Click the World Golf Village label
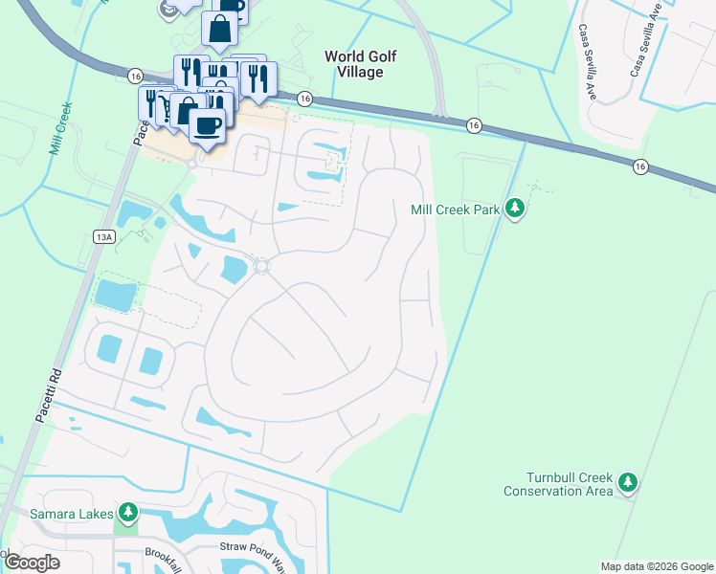pos(353,64)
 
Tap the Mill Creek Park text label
pos(455,210)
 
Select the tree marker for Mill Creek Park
pos(515,208)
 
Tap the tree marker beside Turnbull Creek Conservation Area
pos(628,482)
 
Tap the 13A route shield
pos(104,236)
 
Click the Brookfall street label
pos(165,554)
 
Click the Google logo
pos(32,562)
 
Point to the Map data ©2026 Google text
pos(656,566)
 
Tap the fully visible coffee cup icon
pos(207,123)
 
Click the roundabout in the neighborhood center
pos(260,266)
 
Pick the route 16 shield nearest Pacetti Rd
pos(134,76)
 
